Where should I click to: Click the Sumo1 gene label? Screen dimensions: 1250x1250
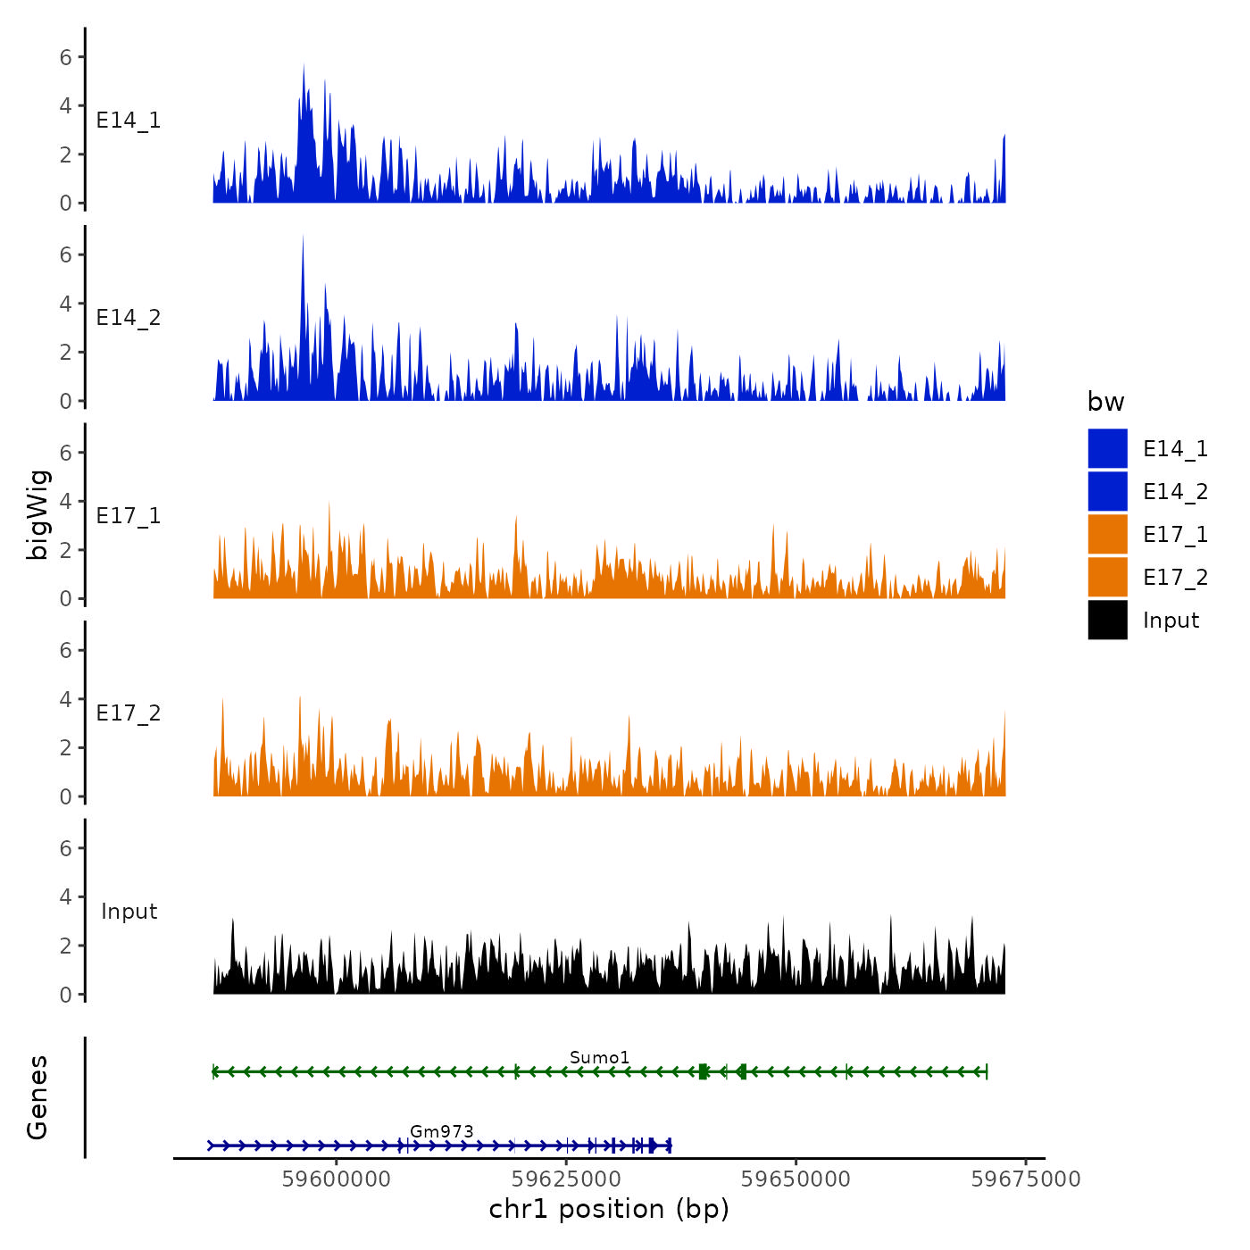coord(599,1058)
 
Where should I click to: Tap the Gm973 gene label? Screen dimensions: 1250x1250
coord(441,1131)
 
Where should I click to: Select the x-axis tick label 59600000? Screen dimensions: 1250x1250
coord(337,1179)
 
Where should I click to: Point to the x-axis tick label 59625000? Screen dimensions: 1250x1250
coord(566,1179)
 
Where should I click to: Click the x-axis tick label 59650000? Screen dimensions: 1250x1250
coord(796,1179)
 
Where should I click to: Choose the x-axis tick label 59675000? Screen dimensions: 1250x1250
coord(1026,1179)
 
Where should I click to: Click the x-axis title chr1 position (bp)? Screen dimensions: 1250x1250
coord(609,1210)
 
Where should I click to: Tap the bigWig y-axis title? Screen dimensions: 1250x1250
coord(37,514)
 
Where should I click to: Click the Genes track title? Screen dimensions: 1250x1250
coord(37,1097)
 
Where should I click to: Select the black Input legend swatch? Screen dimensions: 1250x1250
coord(1107,620)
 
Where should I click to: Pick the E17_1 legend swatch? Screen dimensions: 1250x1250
coord(1107,534)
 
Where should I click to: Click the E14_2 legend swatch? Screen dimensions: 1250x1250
coord(1107,491)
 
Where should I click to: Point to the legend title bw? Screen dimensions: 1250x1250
coord(1105,403)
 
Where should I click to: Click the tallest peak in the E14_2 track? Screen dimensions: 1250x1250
coord(303,237)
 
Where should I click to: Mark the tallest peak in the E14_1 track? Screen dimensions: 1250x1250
coord(304,66)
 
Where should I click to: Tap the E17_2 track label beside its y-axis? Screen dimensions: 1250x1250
coord(129,713)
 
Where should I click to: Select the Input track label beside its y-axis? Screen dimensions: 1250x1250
coord(129,912)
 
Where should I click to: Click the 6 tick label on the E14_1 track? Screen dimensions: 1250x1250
coord(65,57)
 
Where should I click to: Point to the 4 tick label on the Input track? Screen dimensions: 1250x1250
coord(65,896)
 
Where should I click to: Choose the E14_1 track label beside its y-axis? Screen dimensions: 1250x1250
coord(129,121)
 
